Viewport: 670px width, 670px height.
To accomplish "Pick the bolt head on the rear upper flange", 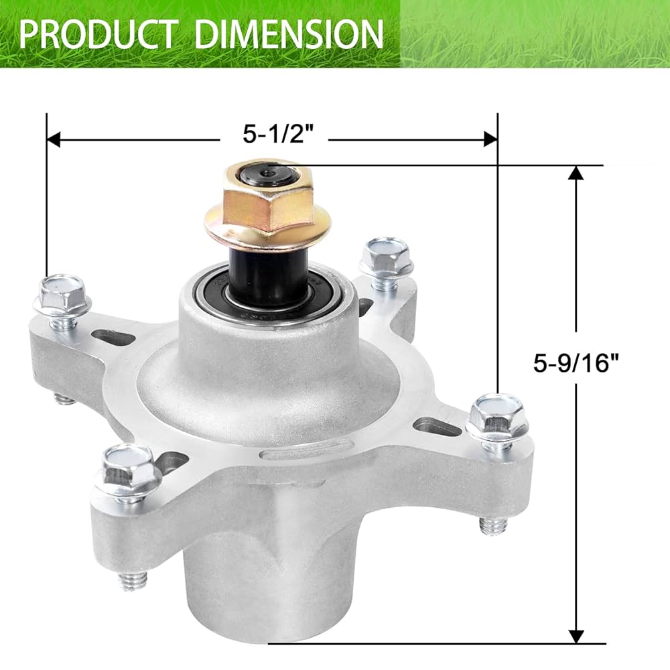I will coord(385,255).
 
